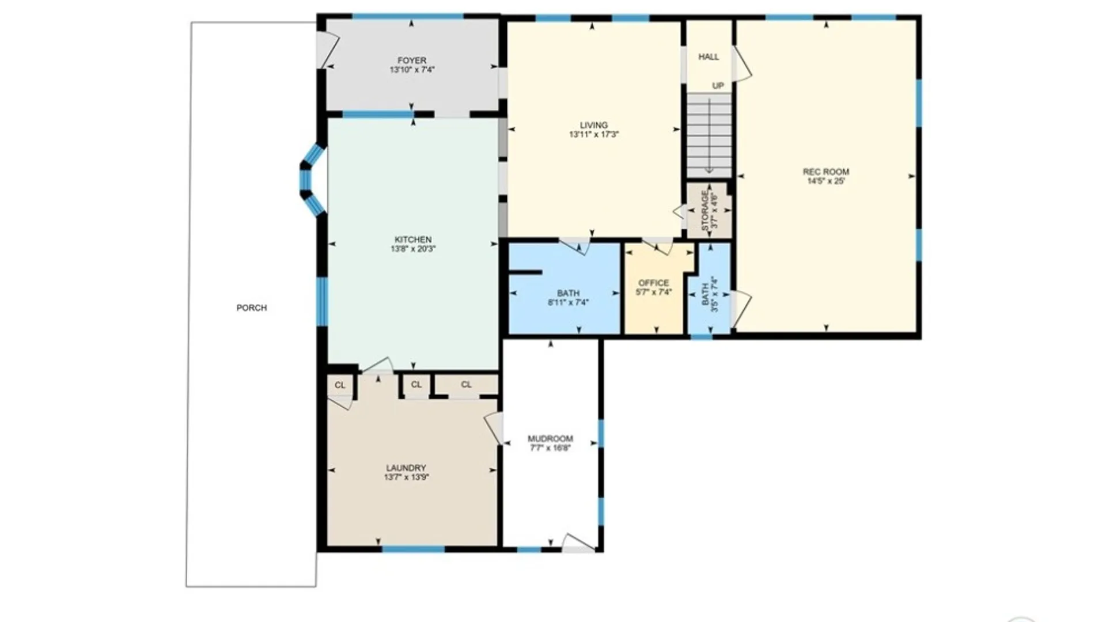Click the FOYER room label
coord(412,60)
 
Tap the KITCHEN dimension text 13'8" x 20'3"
coord(413,249)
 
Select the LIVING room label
coord(594,125)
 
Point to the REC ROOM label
coord(826,172)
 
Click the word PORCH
coord(252,308)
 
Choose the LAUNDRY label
coord(406,468)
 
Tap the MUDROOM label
coord(551,439)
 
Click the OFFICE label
coord(654,283)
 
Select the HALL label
coord(709,57)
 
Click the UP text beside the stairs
coord(718,86)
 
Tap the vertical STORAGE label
coord(705,211)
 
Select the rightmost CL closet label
coord(466,385)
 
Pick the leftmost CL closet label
coord(340,385)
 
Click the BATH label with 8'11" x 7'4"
coord(569,293)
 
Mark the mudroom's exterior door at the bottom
coord(578,544)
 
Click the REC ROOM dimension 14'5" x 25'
coord(826,181)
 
